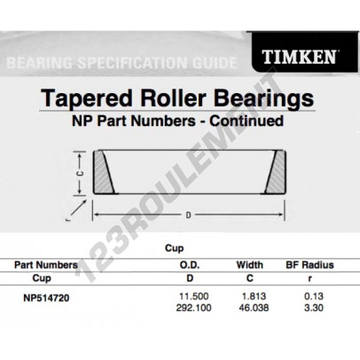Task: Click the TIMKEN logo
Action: point(299,57)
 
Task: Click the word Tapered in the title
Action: point(87,99)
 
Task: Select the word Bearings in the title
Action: point(263,99)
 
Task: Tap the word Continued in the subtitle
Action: point(247,121)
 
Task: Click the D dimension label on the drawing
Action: point(188,215)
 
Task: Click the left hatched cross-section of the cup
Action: point(104,172)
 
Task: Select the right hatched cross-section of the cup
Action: point(275,172)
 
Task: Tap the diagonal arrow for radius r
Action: point(79,209)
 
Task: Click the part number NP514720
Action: point(46,298)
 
